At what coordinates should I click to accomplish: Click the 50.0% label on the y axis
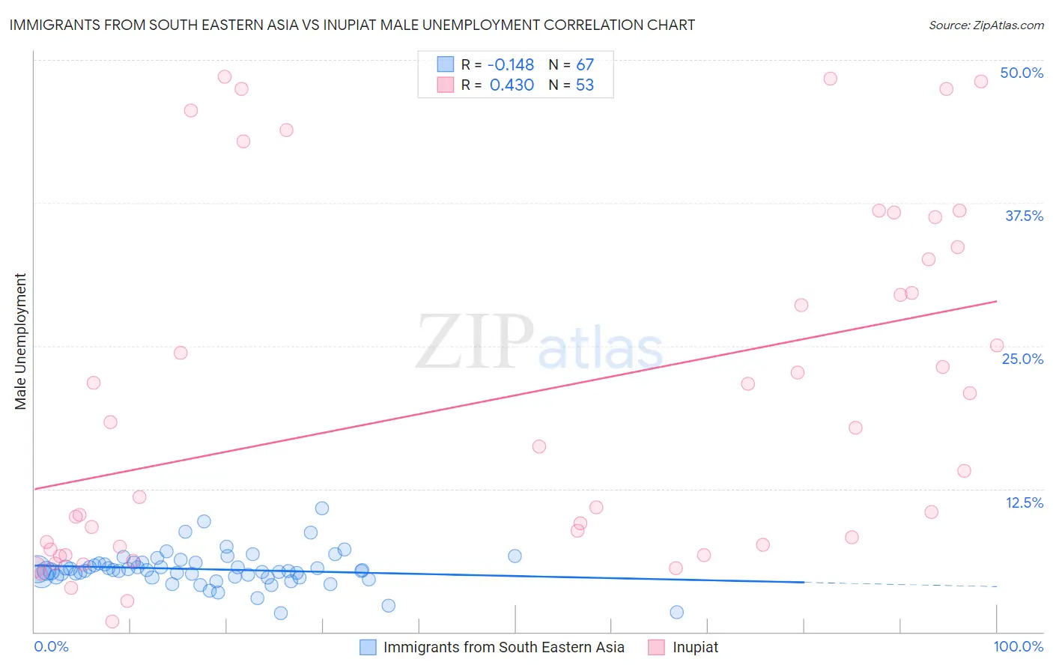click(x=1022, y=73)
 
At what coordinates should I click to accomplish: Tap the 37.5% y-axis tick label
click(x=1024, y=216)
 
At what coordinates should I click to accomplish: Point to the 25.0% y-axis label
click(x=1022, y=359)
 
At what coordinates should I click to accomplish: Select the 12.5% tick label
click(x=1024, y=502)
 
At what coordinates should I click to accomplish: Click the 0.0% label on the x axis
click(x=51, y=646)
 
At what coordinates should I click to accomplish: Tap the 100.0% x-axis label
click(x=1018, y=646)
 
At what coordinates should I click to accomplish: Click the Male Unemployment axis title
click(x=20, y=341)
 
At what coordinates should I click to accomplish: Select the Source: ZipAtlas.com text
click(x=986, y=25)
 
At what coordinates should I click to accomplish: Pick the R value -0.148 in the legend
click(x=511, y=65)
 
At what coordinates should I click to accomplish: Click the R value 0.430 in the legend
click(x=512, y=85)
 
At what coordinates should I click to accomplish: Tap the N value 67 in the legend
click(x=584, y=65)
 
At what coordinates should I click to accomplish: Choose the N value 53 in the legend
click(x=584, y=85)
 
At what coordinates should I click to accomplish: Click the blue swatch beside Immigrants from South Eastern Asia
click(x=368, y=647)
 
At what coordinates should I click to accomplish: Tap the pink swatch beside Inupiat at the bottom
click(x=657, y=647)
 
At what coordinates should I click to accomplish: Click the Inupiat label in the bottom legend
click(x=695, y=647)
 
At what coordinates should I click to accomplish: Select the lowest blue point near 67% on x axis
click(x=676, y=613)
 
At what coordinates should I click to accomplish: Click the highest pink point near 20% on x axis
click(x=224, y=76)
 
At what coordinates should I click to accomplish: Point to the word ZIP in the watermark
click(x=474, y=342)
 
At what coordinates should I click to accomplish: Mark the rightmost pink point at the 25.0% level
click(x=997, y=346)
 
